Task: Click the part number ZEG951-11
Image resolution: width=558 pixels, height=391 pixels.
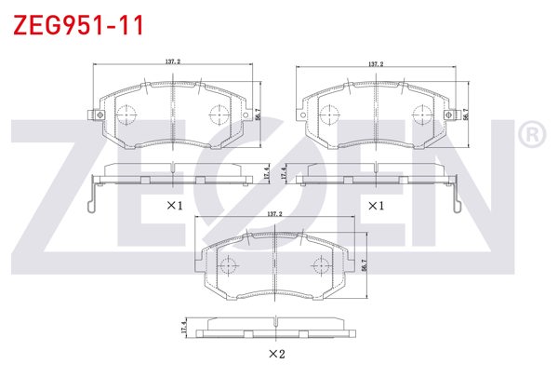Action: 77,25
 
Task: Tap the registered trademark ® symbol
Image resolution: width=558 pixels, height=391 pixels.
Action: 530,136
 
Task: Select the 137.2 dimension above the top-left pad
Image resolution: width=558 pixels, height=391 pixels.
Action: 172,62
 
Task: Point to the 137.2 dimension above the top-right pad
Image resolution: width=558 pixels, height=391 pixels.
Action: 375,64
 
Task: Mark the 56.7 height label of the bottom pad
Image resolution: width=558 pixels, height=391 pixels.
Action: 364,266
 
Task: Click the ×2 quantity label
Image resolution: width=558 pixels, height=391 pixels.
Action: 275,354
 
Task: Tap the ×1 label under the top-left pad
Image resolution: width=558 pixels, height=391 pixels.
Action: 174,204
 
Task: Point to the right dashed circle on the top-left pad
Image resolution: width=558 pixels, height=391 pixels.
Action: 219,115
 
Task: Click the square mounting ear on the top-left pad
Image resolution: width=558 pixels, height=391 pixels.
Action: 93,115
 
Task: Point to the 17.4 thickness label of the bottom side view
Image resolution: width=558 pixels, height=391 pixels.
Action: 185,327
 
